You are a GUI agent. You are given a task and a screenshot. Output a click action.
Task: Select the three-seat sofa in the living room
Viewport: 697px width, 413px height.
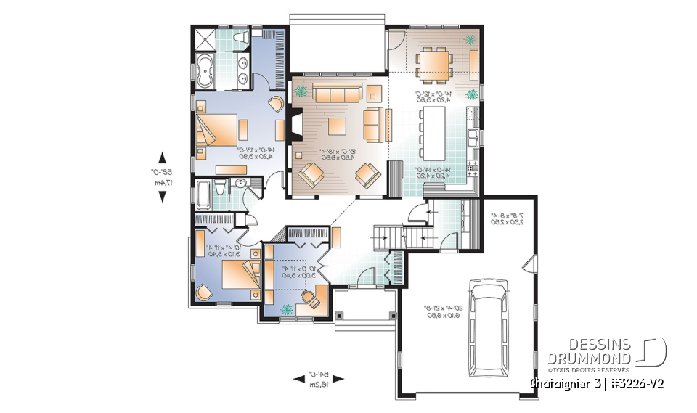(337, 92)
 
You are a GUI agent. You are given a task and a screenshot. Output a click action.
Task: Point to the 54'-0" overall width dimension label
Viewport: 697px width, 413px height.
(320, 378)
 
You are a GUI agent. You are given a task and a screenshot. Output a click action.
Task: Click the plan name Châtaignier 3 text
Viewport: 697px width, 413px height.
(563, 383)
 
